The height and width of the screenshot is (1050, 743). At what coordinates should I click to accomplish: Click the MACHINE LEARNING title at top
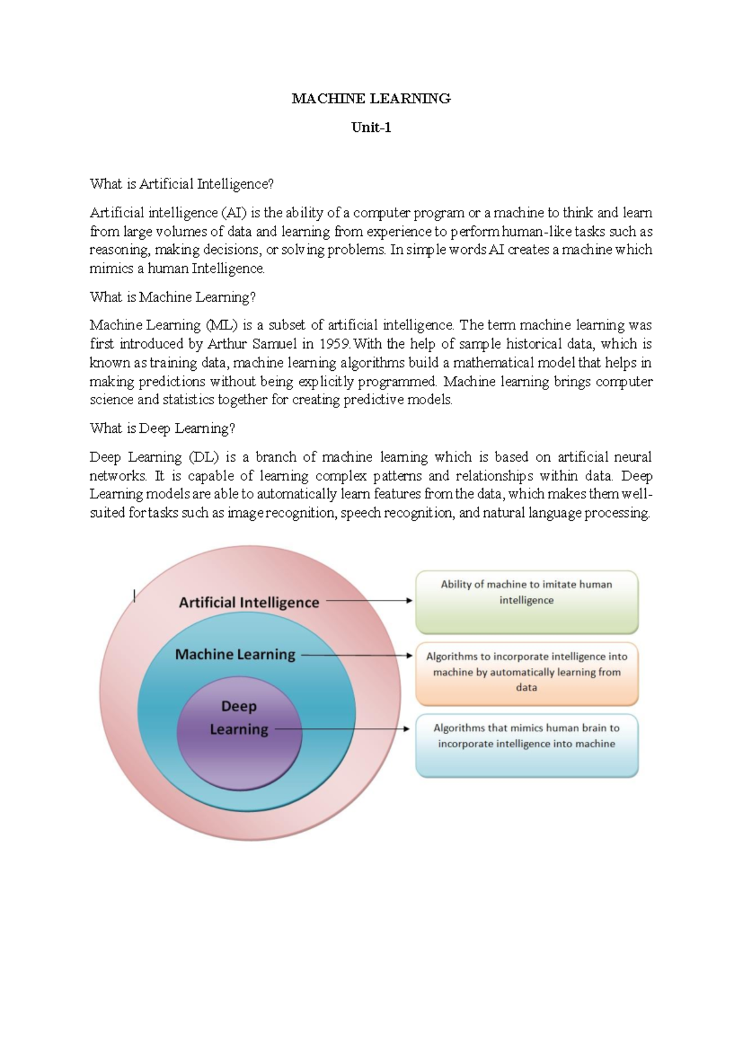click(x=371, y=98)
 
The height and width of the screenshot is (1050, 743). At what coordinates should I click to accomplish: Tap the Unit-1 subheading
click(x=371, y=128)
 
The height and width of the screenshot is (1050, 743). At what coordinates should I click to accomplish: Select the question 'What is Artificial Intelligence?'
click(x=181, y=184)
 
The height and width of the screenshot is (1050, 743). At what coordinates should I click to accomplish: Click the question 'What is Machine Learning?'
click(x=172, y=297)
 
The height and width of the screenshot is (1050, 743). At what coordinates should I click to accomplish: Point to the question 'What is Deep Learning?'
click(x=162, y=428)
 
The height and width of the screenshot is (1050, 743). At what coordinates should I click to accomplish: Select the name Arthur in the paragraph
click(x=227, y=344)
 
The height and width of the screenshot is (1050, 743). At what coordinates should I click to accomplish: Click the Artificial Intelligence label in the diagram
click(x=249, y=602)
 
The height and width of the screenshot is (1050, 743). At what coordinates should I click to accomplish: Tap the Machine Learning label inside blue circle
click(x=235, y=654)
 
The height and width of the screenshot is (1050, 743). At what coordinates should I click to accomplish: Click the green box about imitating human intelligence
click(x=526, y=602)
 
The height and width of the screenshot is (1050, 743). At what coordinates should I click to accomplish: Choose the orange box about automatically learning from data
click(x=526, y=674)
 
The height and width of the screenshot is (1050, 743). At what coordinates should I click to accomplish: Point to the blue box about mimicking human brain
click(x=526, y=745)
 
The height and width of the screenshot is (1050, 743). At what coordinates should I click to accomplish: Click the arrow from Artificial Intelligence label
click(x=368, y=601)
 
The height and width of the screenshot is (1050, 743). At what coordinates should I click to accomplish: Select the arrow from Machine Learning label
click(x=356, y=655)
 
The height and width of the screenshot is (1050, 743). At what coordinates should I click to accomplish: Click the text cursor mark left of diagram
click(x=134, y=596)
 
